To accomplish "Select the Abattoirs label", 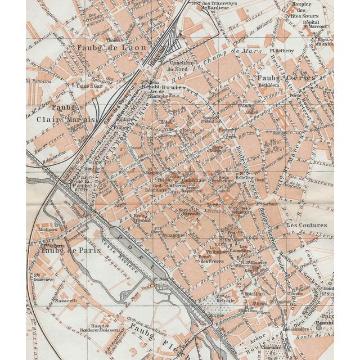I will pyautogui.click(x=47, y=229).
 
